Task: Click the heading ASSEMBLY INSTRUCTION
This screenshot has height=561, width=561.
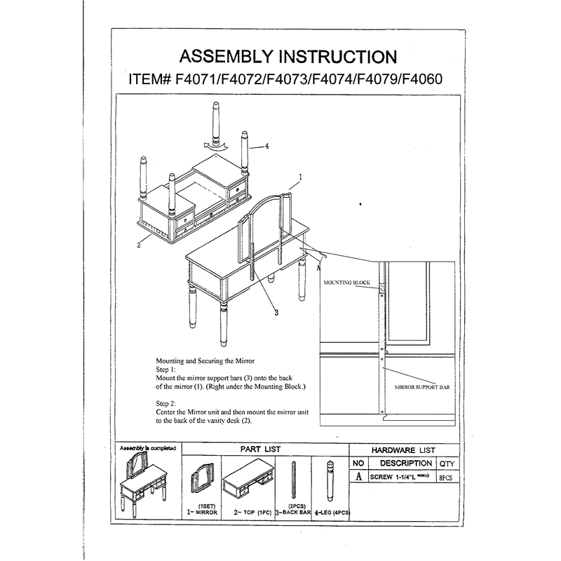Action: click(288, 57)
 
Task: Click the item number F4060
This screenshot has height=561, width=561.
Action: click(422, 79)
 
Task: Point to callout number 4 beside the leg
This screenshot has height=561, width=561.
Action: click(266, 146)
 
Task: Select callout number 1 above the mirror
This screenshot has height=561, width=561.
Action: click(301, 177)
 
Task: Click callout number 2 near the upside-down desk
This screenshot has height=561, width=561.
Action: click(139, 245)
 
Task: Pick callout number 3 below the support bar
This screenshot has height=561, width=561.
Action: click(276, 312)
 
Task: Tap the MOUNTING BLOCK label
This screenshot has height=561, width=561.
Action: click(346, 283)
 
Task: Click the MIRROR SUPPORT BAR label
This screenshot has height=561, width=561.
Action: click(422, 387)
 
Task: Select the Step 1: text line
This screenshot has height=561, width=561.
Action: click(165, 370)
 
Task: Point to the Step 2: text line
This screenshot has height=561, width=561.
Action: click(165, 404)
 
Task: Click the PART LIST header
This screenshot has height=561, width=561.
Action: click(260, 450)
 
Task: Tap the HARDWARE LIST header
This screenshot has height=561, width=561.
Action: click(403, 450)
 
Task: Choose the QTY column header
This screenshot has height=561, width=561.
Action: click(447, 464)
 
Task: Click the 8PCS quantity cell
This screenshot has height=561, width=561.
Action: click(446, 478)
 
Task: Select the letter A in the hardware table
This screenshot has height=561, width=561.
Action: click(358, 477)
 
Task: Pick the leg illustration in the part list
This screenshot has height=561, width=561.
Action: click(330, 480)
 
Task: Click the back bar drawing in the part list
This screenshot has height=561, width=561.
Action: click(294, 480)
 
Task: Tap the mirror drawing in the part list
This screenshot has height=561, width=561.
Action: click(202, 480)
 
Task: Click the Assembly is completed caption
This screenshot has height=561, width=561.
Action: click(148, 448)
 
